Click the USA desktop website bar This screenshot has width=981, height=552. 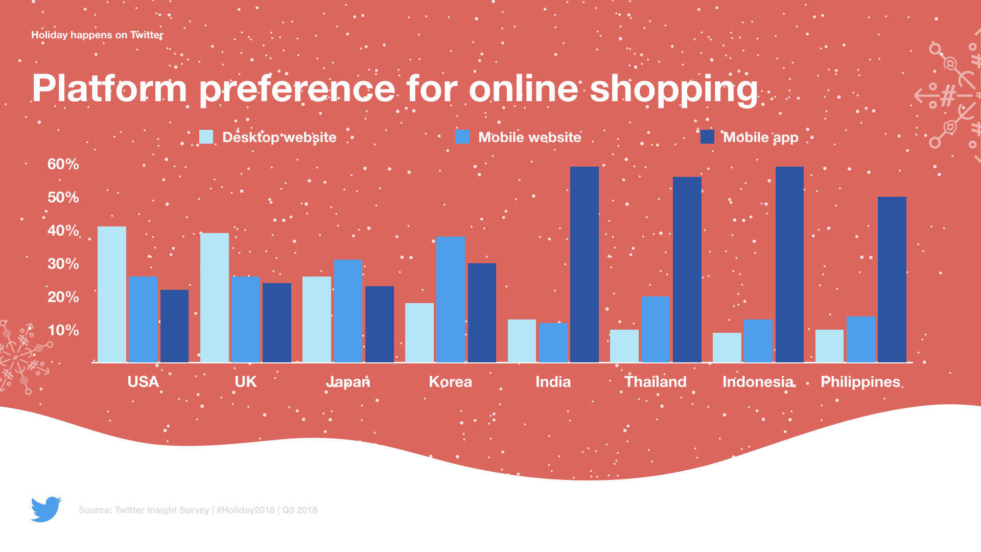pyautogui.click(x=112, y=294)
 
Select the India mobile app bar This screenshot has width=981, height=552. pyautogui.click(x=585, y=264)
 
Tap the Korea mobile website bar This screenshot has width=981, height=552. pyautogui.click(x=450, y=300)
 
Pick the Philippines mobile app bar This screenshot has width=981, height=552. pyautogui.click(x=892, y=280)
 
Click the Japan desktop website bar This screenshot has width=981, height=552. pyautogui.click(x=317, y=319)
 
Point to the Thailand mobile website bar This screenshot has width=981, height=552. pyautogui.click(x=656, y=329)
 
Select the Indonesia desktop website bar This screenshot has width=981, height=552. pyautogui.click(x=727, y=348)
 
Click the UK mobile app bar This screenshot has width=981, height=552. pyautogui.click(x=277, y=323)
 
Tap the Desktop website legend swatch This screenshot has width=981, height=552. pyautogui.click(x=206, y=137)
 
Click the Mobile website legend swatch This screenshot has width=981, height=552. pyautogui.click(x=462, y=137)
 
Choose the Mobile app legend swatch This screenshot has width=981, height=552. pyautogui.click(x=707, y=137)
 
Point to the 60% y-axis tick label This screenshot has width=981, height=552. pyautogui.click(x=63, y=164)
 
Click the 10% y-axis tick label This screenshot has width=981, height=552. pyautogui.click(x=63, y=330)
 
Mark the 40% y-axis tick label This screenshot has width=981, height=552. pyautogui.click(x=63, y=231)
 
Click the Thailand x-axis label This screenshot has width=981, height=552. pyautogui.click(x=656, y=382)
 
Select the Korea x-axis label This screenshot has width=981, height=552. pyautogui.click(x=450, y=382)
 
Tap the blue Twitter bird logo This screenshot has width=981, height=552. pyautogui.click(x=46, y=509)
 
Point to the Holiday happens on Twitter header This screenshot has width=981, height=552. pyautogui.click(x=97, y=35)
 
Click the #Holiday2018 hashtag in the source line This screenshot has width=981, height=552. pyautogui.click(x=246, y=510)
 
